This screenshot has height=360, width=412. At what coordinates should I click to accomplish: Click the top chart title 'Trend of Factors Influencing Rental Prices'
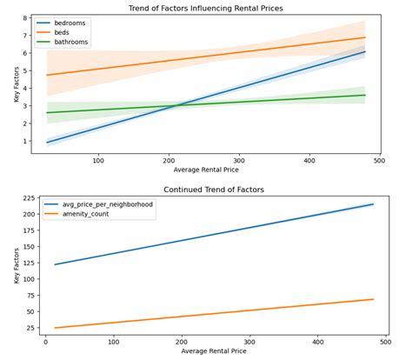[x=216, y=8]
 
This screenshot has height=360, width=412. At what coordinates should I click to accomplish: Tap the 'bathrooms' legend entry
[x=73, y=42]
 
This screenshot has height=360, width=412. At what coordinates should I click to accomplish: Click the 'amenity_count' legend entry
[x=85, y=214]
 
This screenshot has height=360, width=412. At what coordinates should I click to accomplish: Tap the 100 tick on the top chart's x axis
[x=98, y=160]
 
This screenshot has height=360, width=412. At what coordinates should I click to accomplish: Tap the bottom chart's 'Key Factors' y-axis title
[x=6, y=265]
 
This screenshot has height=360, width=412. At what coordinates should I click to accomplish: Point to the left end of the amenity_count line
[x=54, y=328]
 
